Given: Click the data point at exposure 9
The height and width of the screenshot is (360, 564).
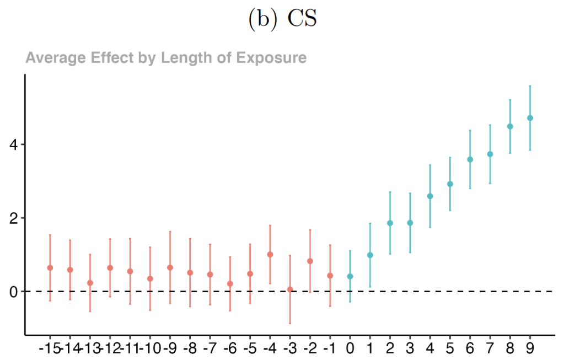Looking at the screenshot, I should coord(530,118).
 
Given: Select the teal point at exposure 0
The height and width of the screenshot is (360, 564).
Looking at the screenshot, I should coord(350,276).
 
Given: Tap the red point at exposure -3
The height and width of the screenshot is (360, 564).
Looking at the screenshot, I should coord(290,289).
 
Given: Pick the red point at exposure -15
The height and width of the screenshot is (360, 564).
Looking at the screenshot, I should coord(50,267).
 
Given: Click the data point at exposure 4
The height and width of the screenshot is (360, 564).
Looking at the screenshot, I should coord(430,196).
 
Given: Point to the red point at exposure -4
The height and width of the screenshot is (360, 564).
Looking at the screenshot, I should coord(270,254).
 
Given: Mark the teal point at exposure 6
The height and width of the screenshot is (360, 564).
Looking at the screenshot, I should coord(470,159).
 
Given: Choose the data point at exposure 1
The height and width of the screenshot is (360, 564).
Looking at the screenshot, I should coord(370,255).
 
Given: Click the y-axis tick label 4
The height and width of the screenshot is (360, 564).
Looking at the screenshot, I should coord(13,145).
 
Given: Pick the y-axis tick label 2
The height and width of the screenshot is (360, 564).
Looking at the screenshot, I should coord(13,218).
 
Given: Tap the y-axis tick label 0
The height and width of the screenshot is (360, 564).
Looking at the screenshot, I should coord(13,291).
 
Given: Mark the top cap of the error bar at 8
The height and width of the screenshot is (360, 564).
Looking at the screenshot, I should coord(510,100).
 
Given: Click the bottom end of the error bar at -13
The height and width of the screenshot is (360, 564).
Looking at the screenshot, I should coord(90,311).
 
